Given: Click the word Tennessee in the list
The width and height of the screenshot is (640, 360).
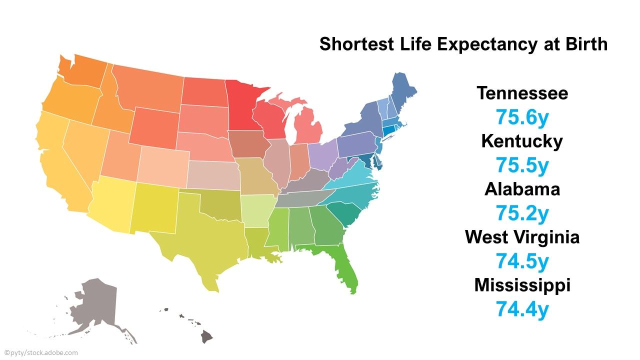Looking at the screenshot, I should (522, 93).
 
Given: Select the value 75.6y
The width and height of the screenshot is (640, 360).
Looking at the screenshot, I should (522, 117).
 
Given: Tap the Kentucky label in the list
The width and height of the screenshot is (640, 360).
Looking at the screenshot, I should (522, 141).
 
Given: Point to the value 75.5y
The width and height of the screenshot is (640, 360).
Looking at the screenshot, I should (522, 165).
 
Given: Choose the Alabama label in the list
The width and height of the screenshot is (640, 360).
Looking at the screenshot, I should (522, 189).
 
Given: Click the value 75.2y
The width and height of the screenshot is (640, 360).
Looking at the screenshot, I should (522, 213).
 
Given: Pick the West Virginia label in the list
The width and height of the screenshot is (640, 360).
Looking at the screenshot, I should (522, 236).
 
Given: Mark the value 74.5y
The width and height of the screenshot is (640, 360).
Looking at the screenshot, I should (522, 261).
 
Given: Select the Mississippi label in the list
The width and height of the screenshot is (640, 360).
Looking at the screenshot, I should (522, 285).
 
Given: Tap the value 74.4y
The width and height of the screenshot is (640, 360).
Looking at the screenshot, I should (522, 309).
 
